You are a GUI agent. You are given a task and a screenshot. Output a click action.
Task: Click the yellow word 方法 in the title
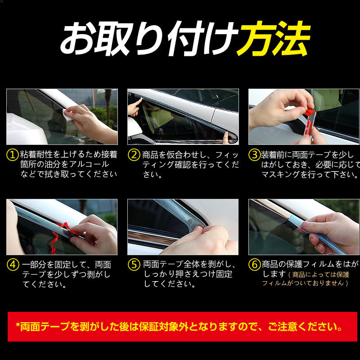coord(274,39)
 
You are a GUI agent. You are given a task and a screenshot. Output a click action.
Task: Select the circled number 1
coord(13,154)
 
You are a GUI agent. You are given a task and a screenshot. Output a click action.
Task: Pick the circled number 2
coord(134,154)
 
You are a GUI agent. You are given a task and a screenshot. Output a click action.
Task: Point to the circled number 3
coord(255,154)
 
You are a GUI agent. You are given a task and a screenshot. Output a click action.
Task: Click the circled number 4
coord(13,265)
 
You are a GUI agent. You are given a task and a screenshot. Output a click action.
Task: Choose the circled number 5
coord(134,265)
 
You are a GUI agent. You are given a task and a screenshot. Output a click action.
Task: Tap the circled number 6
coord(255,265)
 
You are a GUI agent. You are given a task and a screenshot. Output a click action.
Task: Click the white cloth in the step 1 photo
coord(68,115)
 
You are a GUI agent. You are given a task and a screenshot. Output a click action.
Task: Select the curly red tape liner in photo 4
coord(60,237)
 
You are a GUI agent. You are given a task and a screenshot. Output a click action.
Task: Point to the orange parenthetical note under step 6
coord(306,279)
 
